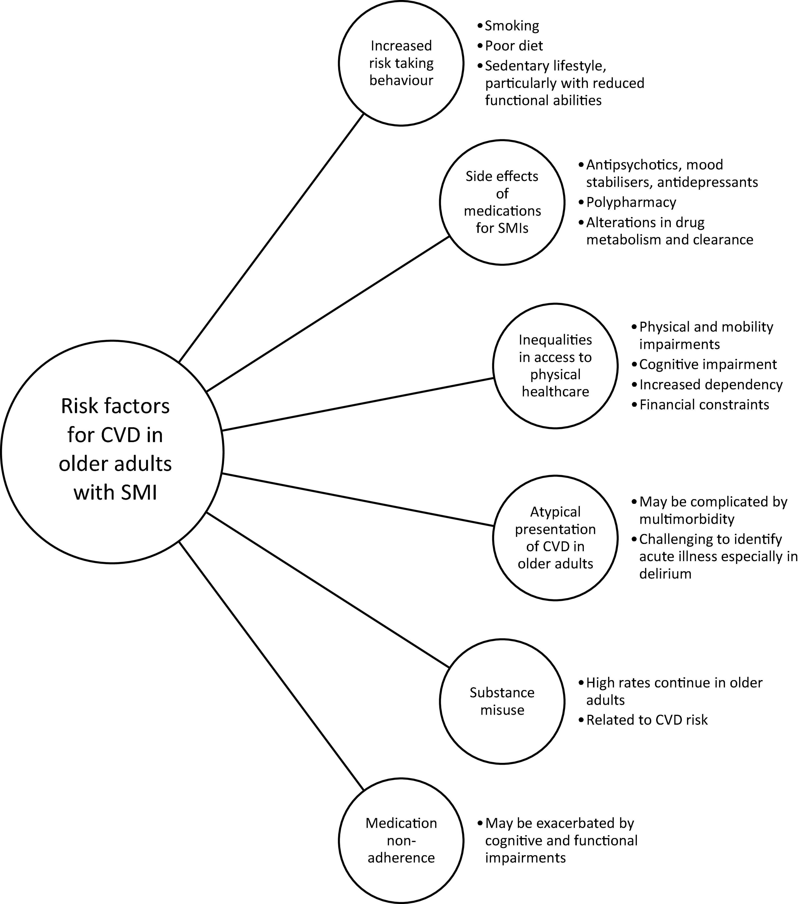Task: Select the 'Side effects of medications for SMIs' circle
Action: coord(502,203)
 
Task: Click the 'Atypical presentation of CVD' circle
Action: coord(555,538)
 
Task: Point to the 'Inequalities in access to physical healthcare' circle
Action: coord(555,366)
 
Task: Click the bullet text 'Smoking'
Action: coord(512,26)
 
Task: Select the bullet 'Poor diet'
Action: coord(514,46)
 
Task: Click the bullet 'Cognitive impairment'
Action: coord(707,364)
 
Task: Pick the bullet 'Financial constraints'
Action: coord(704,405)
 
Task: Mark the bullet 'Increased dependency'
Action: coord(711,385)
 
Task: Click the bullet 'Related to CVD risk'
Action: coord(646,720)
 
